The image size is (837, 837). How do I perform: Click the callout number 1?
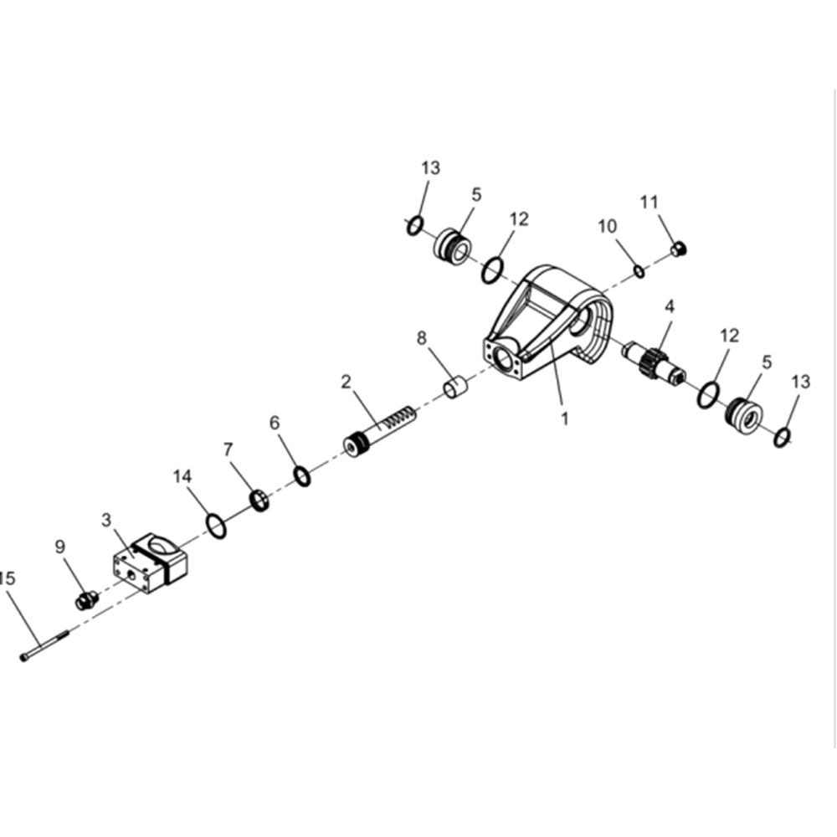pyautogui.click(x=564, y=418)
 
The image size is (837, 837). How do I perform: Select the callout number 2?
pyautogui.click(x=347, y=382)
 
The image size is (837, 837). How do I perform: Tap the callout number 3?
pyautogui.click(x=107, y=520)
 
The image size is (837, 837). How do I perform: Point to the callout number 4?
pyautogui.click(x=670, y=306)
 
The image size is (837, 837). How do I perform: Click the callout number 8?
pyautogui.click(x=422, y=338)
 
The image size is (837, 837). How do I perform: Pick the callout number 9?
pyautogui.click(x=59, y=547)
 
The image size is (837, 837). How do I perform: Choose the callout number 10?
pyautogui.click(x=608, y=226)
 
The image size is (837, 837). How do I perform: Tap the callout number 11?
pyautogui.click(x=650, y=203)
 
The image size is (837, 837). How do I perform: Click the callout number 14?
pyautogui.click(x=182, y=476)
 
